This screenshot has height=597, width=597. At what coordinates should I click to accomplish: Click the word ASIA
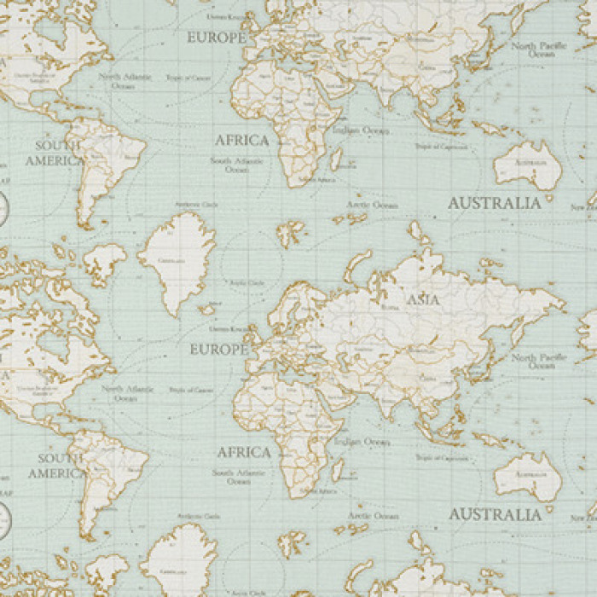[423, 300]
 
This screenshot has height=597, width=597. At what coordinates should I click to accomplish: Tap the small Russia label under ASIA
[390, 307]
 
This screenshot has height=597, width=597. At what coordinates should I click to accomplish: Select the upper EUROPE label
[217, 38]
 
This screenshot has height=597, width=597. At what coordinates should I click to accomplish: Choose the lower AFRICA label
[244, 452]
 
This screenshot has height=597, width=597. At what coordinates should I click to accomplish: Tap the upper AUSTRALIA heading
[495, 204]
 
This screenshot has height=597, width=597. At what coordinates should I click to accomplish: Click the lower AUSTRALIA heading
[496, 515]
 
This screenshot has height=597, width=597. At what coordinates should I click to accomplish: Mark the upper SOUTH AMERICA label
[55, 153]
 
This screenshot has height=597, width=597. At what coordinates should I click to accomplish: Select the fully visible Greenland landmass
[178, 260]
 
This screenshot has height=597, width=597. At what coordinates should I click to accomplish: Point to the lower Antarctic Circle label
[198, 517]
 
